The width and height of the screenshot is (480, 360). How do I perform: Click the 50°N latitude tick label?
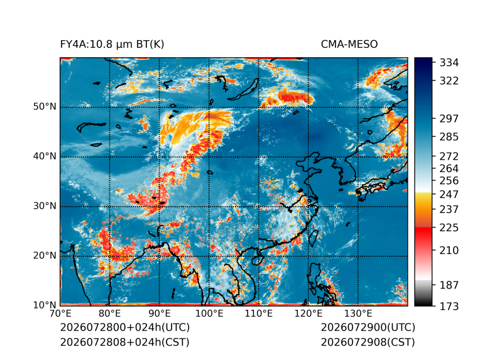pos(45,107)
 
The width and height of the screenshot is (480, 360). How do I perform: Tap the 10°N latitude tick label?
pos(45,305)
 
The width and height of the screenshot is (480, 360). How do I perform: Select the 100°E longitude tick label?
pos(209,314)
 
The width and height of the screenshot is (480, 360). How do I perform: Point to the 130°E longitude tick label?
pos(358,314)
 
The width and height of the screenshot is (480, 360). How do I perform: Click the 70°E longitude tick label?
pos(60,314)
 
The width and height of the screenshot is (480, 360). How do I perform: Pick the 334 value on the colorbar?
pos(449,62)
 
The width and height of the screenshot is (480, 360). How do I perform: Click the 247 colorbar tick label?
pos(449,194)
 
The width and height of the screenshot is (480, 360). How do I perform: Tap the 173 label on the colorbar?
pos(449,306)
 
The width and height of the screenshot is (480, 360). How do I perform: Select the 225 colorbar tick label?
pos(449,227)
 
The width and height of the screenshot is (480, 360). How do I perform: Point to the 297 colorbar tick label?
pos(449,119)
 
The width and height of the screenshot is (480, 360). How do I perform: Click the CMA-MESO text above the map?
pos(349,45)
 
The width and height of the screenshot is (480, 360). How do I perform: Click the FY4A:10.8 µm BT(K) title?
pos(112,45)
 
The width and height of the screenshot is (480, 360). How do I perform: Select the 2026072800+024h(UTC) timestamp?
pos(125,327)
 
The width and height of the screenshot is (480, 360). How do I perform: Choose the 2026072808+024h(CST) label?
pos(124,342)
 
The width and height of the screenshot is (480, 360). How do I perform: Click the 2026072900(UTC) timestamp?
pos(368,327)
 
